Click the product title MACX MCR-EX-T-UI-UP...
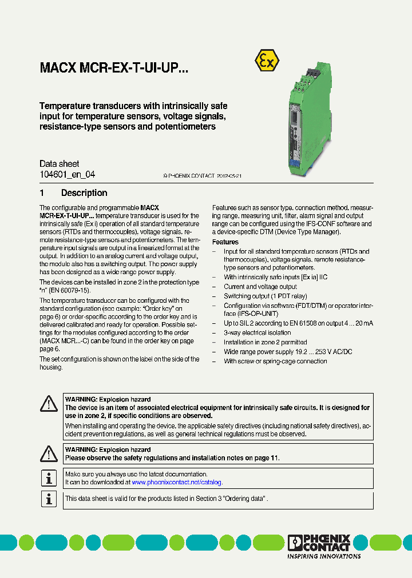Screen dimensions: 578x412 tap(113, 69)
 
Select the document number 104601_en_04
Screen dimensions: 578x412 tap(67, 175)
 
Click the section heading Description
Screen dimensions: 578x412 tap(84, 193)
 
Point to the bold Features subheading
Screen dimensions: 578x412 tap(225, 242)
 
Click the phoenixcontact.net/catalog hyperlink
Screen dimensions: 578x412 tap(176, 483)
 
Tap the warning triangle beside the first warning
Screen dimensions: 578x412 tap(49, 404)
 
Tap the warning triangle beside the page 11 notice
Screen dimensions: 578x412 tap(49, 453)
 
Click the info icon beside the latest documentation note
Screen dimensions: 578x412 tap(49, 478)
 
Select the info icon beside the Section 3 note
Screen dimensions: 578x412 tap(49, 499)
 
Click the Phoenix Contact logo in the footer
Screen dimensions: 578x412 tap(319, 543)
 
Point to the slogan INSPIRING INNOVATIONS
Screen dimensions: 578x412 tap(323, 556)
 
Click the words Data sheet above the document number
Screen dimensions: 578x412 tap(59, 164)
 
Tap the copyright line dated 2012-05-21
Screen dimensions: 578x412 tap(202, 176)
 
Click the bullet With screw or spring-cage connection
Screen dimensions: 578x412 tap(275, 362)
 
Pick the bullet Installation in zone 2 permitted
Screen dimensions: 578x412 tap(265, 343)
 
